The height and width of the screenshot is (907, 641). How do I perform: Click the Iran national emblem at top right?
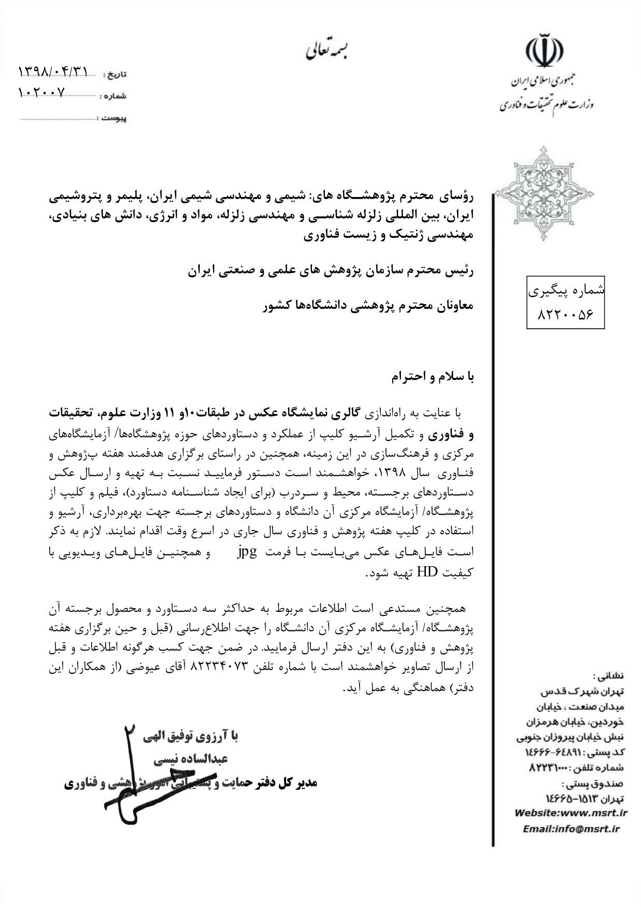tap(544, 51)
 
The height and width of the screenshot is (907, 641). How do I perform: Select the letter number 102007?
tap(42, 93)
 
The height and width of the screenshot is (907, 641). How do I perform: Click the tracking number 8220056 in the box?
tap(565, 314)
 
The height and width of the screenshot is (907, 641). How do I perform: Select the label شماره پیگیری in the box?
tap(565, 291)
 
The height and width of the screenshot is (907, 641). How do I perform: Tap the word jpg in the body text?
tap(247, 552)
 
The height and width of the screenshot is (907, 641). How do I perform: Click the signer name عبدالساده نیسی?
tap(191, 760)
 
